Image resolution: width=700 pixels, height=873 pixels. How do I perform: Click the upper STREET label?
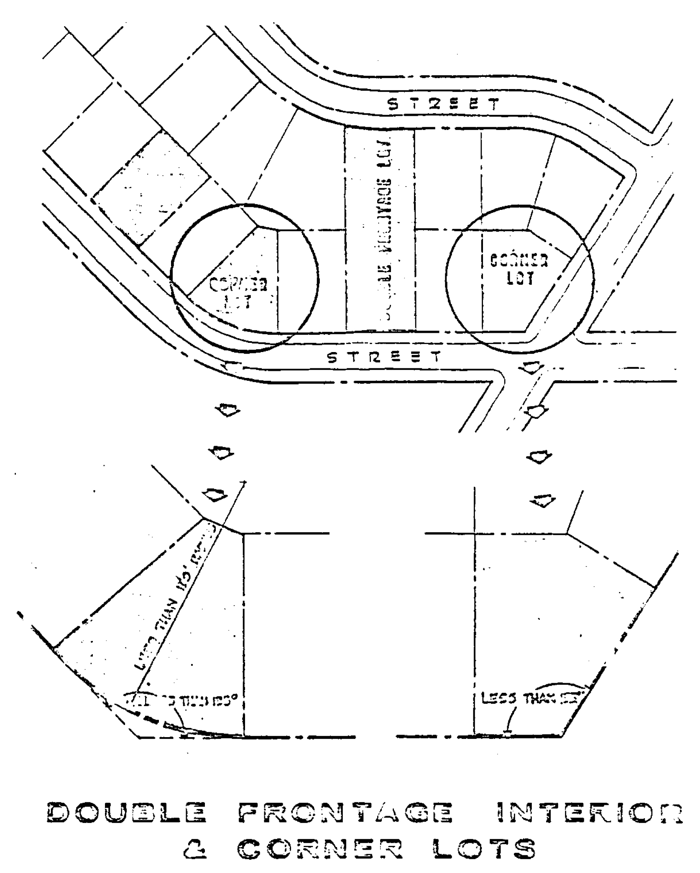(x=443, y=103)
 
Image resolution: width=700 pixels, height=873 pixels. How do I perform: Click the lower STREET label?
(x=383, y=357)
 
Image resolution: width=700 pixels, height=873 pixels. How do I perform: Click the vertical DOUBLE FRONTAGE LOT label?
(x=388, y=230)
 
